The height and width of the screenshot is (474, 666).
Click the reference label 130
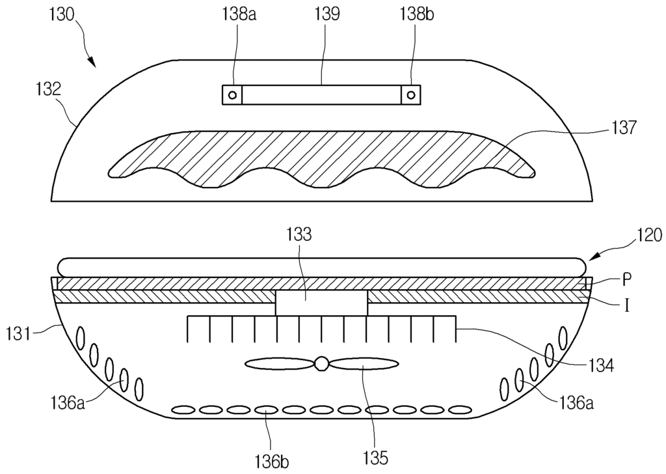point(62,15)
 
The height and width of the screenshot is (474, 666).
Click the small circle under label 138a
point(232,95)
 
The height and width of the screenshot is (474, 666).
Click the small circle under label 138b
point(411,95)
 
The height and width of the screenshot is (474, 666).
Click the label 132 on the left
point(48,89)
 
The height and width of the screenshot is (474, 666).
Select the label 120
point(648,235)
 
